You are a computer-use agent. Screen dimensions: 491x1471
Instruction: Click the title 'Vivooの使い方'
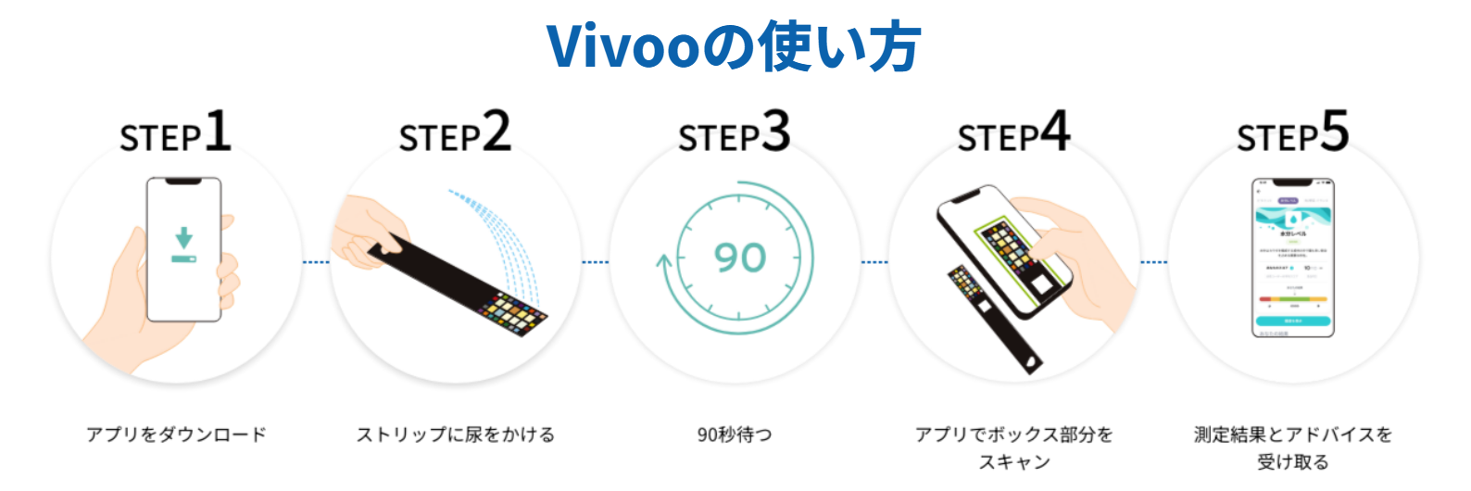click(734, 46)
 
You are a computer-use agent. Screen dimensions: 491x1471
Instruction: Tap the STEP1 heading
click(175, 133)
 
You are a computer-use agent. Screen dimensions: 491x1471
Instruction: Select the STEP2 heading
click(455, 133)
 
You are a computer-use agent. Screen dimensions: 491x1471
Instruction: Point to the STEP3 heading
click(734, 133)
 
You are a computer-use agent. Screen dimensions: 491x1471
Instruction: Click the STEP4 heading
click(1013, 133)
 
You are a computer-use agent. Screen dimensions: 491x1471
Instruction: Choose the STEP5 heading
click(1292, 133)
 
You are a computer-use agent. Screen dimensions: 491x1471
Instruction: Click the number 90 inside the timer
click(740, 258)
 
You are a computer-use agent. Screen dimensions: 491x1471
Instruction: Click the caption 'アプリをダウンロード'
click(176, 434)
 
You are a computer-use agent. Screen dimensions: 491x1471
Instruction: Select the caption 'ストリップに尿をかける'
click(456, 434)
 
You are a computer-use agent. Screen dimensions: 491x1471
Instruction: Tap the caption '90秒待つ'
click(735, 434)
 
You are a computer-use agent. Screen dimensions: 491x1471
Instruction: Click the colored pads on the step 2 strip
click(514, 313)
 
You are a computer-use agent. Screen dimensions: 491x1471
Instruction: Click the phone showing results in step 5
click(1292, 258)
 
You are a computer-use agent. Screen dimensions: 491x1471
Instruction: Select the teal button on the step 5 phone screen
click(1293, 321)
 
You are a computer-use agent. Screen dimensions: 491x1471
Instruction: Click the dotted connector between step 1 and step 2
click(316, 262)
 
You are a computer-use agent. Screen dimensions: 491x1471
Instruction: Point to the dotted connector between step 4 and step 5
click(1153, 262)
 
